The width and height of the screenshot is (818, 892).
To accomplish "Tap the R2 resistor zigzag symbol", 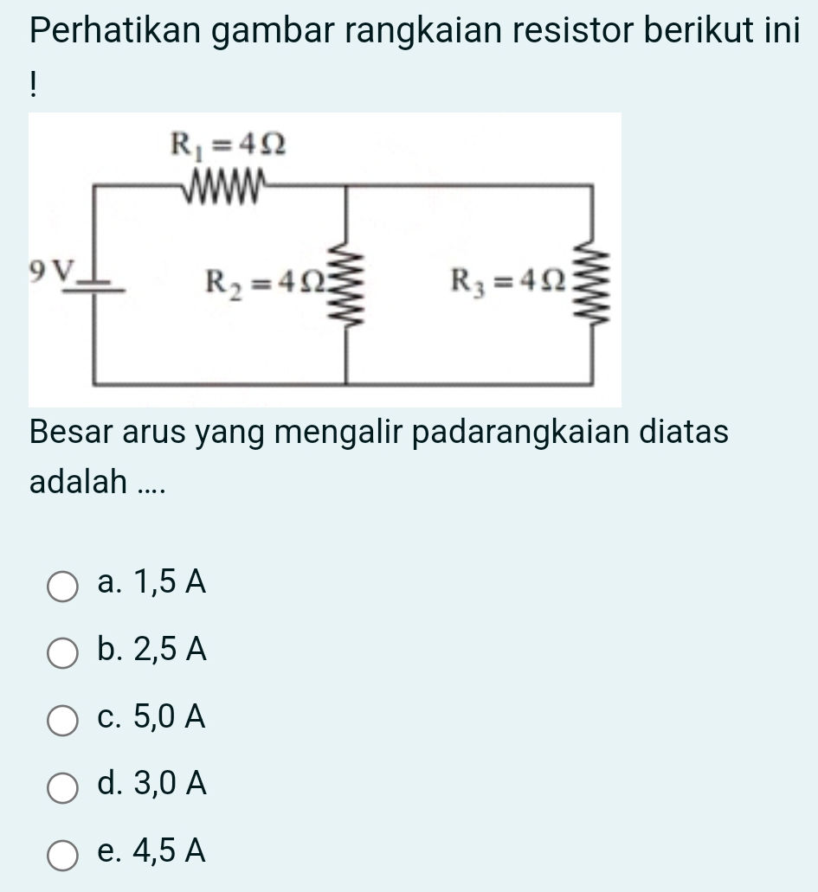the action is (348, 286).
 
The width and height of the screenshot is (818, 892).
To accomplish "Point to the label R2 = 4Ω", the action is (266, 280).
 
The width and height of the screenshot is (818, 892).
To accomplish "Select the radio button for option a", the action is (61, 585).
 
